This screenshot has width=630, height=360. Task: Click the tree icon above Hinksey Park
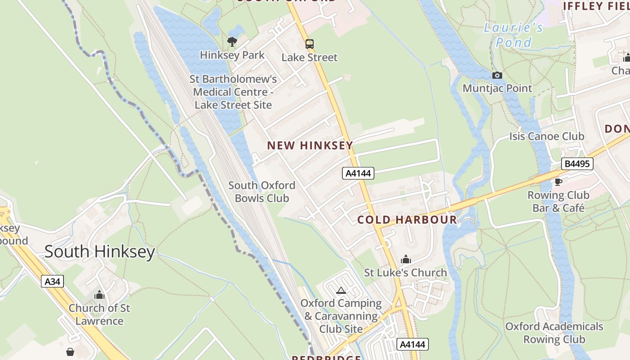(x=232, y=42)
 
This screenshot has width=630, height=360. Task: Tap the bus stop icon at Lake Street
(x=310, y=44)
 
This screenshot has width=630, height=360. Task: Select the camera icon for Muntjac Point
(x=497, y=75)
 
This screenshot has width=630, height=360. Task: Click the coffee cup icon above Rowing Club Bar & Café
(x=558, y=182)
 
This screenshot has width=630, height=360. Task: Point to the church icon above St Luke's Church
(x=406, y=259)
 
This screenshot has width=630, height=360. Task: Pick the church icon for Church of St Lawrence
(x=99, y=295)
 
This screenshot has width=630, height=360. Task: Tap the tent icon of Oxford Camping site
(x=341, y=290)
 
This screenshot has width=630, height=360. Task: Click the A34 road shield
(x=53, y=282)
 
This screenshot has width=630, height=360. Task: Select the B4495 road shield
(x=577, y=164)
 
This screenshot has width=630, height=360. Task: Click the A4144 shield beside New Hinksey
(x=358, y=173)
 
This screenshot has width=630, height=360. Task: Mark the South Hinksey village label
(x=99, y=252)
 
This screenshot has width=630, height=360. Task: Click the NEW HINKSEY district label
(x=310, y=145)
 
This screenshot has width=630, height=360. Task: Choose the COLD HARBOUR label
(x=407, y=220)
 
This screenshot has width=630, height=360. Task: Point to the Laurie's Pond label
(x=513, y=35)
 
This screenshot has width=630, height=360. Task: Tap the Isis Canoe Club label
(x=547, y=136)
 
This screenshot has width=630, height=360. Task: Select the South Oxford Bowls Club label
(x=262, y=192)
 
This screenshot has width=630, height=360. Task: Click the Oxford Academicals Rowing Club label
(x=554, y=333)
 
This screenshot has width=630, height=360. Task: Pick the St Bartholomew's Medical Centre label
(x=233, y=92)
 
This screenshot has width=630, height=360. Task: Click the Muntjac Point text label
(x=497, y=88)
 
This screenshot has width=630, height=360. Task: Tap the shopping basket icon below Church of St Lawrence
(x=70, y=351)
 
